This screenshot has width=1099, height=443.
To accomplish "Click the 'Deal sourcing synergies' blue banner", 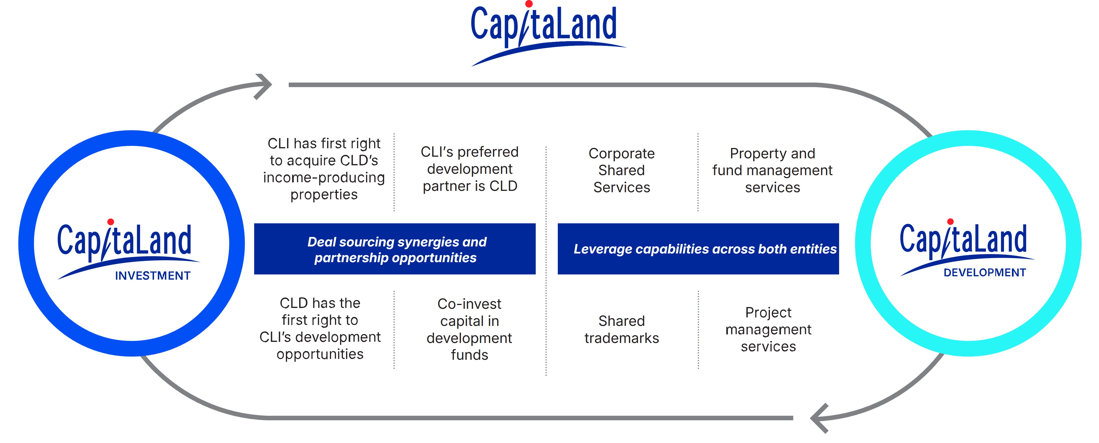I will click(x=395, y=249).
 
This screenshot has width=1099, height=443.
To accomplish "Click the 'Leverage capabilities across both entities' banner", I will click(x=698, y=249).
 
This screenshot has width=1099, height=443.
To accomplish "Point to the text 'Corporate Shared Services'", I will click(x=622, y=170).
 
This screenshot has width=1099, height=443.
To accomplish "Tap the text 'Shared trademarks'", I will click(x=622, y=329).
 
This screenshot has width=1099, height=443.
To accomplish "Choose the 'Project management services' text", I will click(x=768, y=329).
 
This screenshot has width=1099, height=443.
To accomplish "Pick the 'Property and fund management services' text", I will click(x=772, y=170).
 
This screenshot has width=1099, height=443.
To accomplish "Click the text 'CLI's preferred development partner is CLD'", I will click(x=470, y=169).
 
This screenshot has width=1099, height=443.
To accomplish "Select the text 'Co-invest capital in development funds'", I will click(x=469, y=329).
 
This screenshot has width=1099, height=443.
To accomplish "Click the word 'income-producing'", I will click(x=324, y=177).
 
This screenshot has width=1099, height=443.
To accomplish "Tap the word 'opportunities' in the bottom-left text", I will click(x=320, y=354).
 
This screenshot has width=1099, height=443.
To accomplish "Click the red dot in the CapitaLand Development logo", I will click(x=950, y=221).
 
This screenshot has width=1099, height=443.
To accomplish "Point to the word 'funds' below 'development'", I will click(x=469, y=355).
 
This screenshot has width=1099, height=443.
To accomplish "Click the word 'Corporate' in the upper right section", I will click(x=622, y=153).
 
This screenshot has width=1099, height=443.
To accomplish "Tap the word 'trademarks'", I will click(x=622, y=338).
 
